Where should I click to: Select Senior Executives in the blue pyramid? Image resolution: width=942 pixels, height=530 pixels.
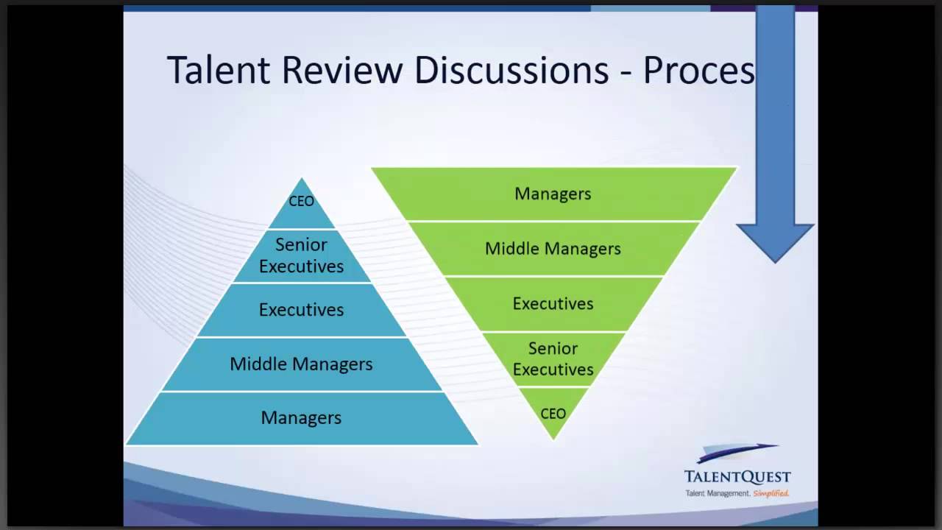302,255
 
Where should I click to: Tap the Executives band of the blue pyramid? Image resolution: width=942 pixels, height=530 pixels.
302,310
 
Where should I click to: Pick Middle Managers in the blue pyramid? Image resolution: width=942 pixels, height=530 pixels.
302,364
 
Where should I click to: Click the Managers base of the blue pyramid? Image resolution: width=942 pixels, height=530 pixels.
302,418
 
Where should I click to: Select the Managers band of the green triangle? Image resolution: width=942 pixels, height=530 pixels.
553,194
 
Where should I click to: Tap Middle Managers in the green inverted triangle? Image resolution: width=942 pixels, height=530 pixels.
553,249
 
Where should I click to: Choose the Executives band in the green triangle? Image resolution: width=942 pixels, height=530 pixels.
553,303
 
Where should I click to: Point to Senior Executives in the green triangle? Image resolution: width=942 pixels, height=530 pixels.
553,358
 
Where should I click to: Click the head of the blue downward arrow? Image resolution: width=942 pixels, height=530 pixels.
775,240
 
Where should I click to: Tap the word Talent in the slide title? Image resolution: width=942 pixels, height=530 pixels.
219,71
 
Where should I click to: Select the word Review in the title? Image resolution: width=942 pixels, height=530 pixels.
342,71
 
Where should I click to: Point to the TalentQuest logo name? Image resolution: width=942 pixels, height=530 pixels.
737,477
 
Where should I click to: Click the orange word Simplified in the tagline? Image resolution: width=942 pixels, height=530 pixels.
771,493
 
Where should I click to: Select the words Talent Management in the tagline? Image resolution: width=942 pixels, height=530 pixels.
717,493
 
